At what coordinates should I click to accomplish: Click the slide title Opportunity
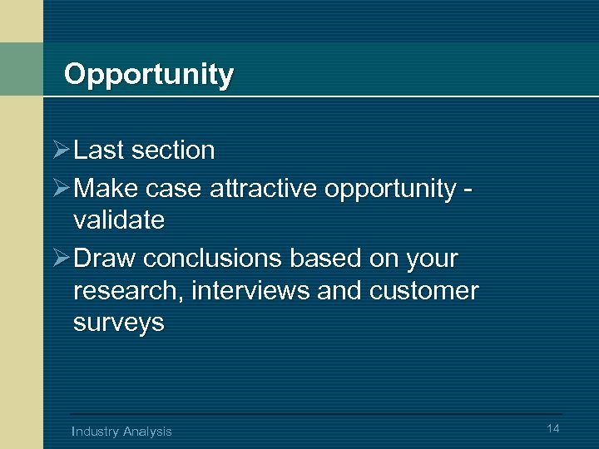pyautogui.click(x=148, y=75)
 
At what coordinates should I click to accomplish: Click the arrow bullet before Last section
pyautogui.click(x=61, y=150)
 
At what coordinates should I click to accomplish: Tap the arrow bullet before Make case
pyautogui.click(x=61, y=189)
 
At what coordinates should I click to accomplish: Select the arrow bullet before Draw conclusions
pyautogui.click(x=61, y=259)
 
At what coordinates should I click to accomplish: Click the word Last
pyautogui.click(x=99, y=150)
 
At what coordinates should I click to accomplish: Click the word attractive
pyautogui.click(x=264, y=189)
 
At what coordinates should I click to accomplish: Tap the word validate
pyautogui.click(x=119, y=220)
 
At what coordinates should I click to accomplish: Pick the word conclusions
pyautogui.click(x=212, y=259)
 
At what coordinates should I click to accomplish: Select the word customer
pyautogui.click(x=424, y=291)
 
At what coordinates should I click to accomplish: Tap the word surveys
pyautogui.click(x=119, y=323)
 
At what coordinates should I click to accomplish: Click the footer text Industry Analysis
pyautogui.click(x=121, y=431)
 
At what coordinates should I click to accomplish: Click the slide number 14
pyautogui.click(x=553, y=427)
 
